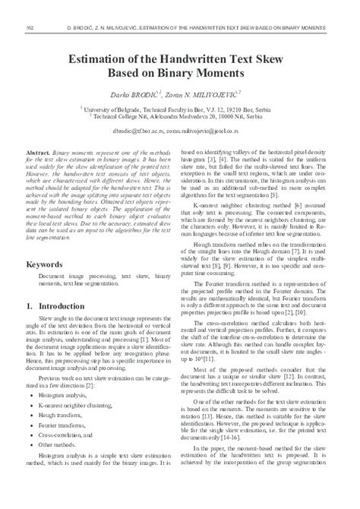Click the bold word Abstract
coord(39,153)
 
